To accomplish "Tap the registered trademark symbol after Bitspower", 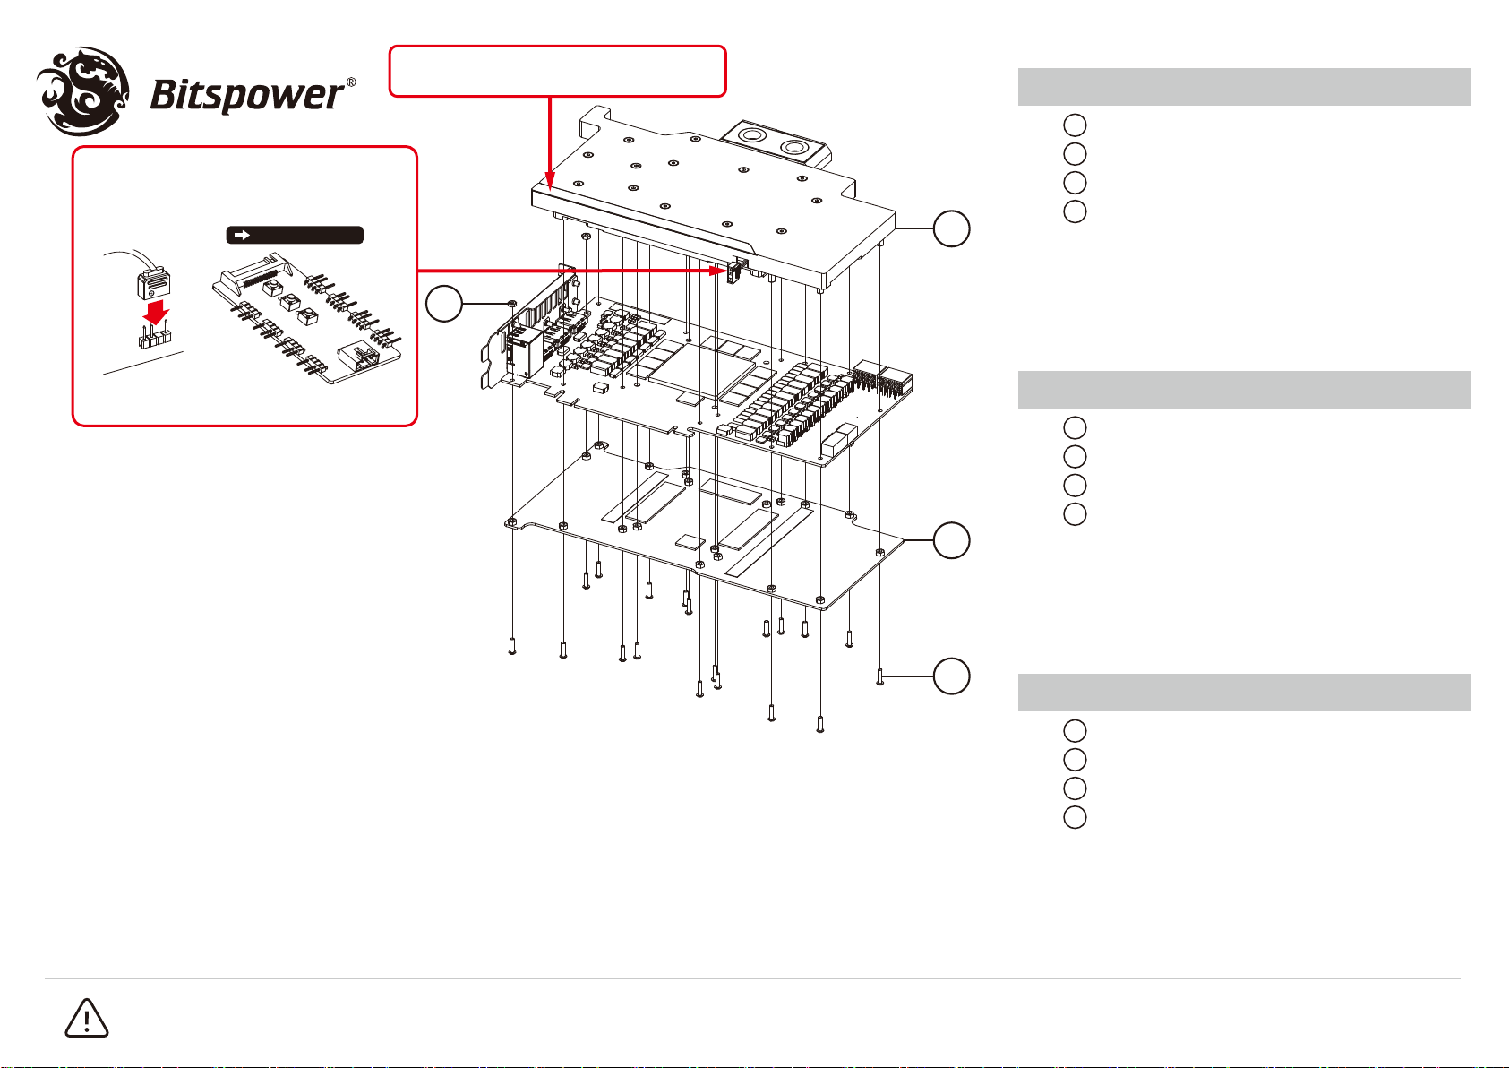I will [351, 82].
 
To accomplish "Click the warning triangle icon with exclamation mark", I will [86, 1019].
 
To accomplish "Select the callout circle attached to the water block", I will [951, 229].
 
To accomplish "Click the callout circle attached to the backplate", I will [951, 541].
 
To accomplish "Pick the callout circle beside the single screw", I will [951, 676].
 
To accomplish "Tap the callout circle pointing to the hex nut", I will [444, 305].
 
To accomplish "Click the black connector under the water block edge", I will [737, 270].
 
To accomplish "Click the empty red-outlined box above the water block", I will [556, 71].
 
